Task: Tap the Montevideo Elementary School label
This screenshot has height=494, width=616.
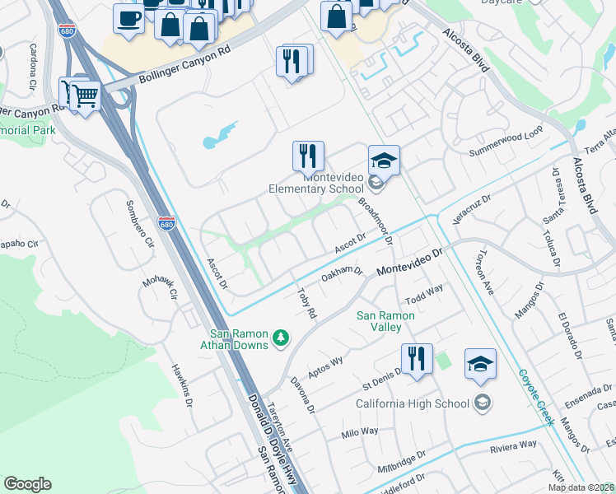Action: [315, 183]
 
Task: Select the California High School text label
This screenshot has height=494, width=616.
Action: [413, 403]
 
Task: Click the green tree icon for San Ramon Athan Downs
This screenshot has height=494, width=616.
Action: [281, 338]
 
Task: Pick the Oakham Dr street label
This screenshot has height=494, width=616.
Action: [342, 274]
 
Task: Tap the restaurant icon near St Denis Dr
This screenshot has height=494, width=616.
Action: [417, 358]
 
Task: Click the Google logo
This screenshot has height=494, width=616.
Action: [27, 484]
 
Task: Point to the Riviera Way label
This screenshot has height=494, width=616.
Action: [513, 445]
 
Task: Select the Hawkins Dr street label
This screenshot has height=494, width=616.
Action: [181, 386]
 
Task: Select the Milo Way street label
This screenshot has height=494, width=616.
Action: [360, 432]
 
